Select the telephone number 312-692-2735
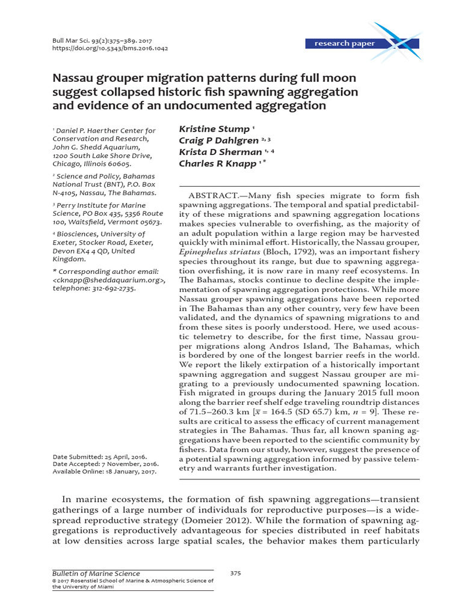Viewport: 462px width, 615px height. coord(114,288)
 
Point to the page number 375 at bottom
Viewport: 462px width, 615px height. coord(235,574)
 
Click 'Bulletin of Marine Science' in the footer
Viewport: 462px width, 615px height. coord(88,574)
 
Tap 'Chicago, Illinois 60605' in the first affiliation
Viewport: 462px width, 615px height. coord(91,163)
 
